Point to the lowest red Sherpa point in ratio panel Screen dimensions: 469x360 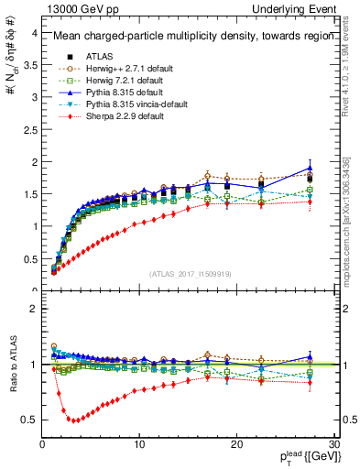[x=75, y=420]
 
